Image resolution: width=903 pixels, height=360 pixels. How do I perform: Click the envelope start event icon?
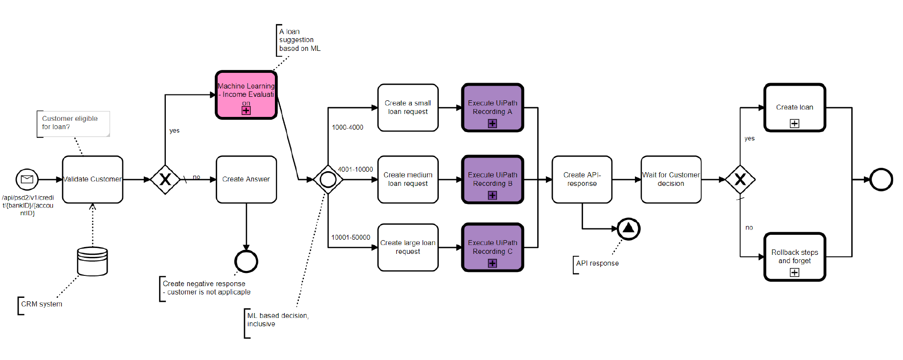(27, 180)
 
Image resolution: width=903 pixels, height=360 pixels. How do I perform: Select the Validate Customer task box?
(92, 180)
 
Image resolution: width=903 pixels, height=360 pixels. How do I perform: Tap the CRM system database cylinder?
(92, 261)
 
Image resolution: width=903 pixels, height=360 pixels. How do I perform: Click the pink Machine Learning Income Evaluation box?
(246, 94)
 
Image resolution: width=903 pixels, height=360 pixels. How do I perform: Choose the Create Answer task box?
(246, 180)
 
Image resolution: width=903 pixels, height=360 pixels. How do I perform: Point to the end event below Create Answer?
(246, 261)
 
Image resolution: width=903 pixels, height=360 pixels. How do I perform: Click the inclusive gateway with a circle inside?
(328, 180)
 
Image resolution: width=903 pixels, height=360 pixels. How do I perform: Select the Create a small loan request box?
(407, 108)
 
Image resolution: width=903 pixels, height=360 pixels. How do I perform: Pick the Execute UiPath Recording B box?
(493, 180)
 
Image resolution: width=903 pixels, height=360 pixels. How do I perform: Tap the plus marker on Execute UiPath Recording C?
(492, 263)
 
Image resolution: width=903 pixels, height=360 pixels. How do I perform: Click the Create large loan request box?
(407, 247)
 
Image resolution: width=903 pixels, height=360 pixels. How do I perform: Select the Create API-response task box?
(582, 180)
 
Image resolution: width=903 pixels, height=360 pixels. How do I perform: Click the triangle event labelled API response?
(629, 228)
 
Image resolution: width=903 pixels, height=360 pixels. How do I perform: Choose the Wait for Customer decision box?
(671, 180)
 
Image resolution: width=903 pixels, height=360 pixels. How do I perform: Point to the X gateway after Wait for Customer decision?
(740, 180)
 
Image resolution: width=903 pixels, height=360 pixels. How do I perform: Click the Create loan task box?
(794, 108)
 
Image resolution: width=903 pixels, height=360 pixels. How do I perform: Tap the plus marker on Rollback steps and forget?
(794, 272)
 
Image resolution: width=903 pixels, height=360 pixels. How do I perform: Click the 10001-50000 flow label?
(351, 237)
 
